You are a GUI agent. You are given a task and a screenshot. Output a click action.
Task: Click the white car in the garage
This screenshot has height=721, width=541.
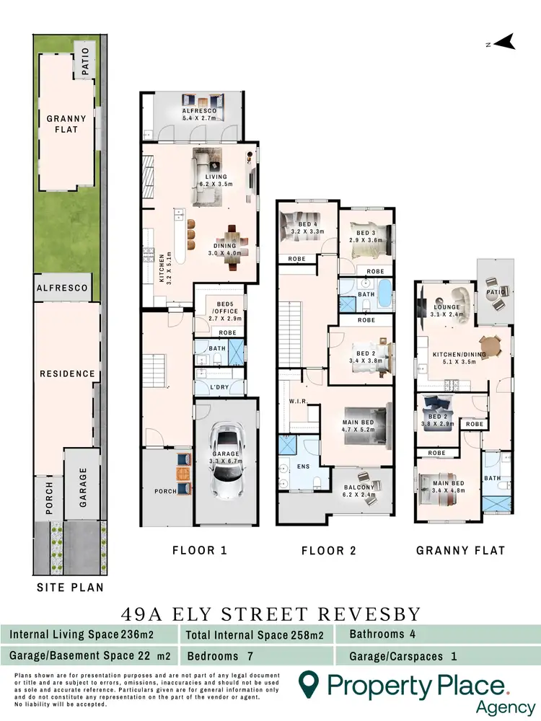tap(225, 473)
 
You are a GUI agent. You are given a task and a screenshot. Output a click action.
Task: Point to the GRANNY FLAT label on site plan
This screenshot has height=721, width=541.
tap(66, 124)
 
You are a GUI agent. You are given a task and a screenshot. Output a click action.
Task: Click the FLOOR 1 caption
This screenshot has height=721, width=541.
tap(200, 550)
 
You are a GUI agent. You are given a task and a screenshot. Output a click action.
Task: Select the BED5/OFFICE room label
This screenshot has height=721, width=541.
tap(221, 309)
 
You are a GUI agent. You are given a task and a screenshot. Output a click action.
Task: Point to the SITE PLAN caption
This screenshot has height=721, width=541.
tap(70, 588)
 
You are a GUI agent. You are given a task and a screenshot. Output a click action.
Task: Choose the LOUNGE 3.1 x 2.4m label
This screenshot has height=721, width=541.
tap(447, 311)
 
